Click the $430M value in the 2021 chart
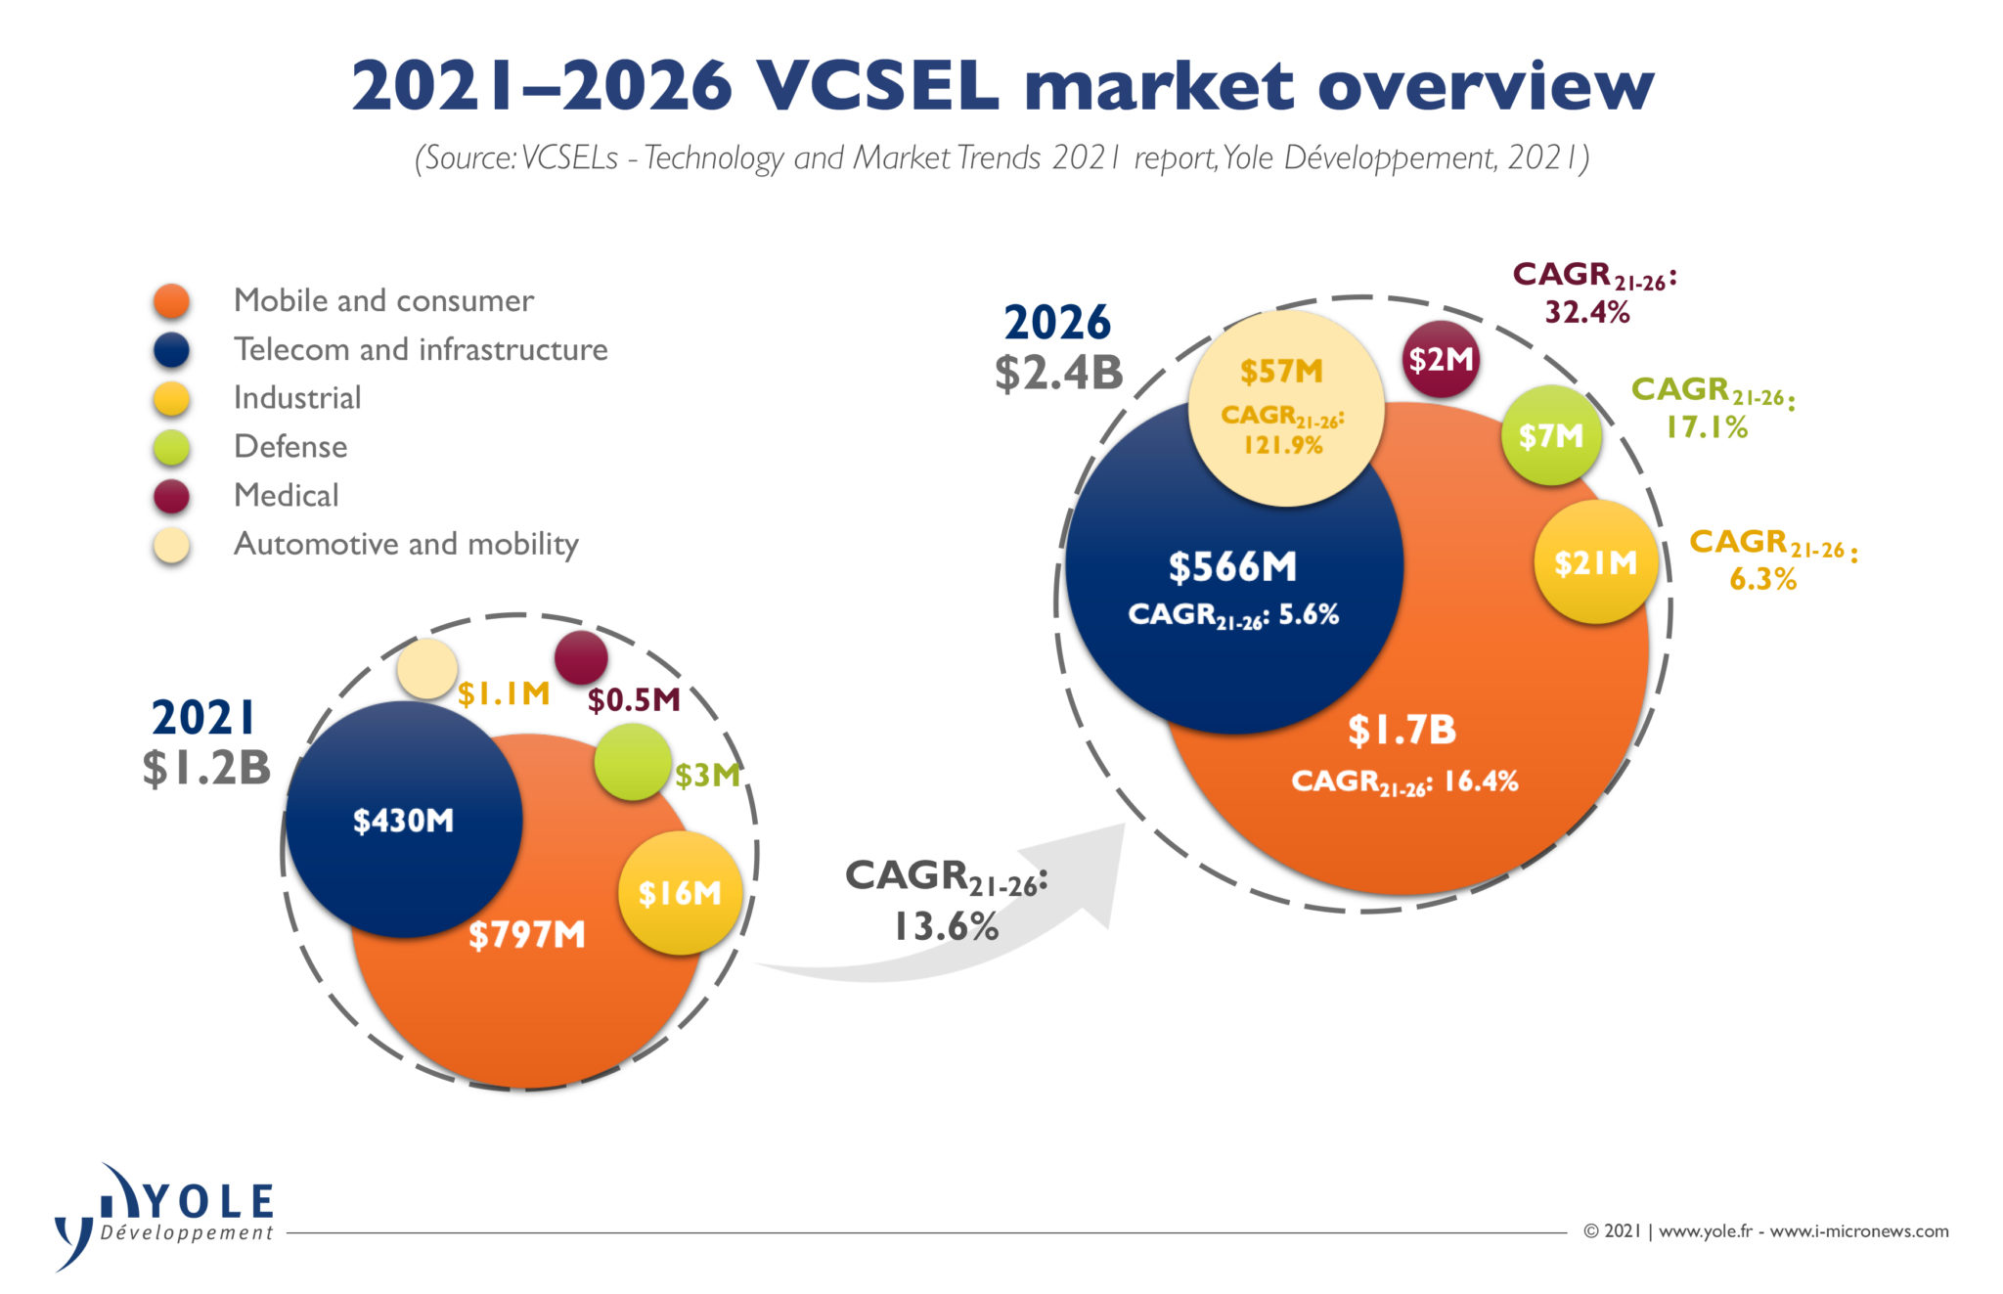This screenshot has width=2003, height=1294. click(403, 820)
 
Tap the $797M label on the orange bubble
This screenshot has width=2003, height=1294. click(526, 934)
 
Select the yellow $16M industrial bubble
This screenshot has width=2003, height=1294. click(680, 892)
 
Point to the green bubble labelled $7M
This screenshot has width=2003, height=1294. click(1550, 435)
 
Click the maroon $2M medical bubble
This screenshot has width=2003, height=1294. click(1440, 359)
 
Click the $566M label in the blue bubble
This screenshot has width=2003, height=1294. click(1232, 567)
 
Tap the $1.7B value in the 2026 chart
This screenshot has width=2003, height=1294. click(1402, 730)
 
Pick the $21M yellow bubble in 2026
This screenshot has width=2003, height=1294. click(1595, 562)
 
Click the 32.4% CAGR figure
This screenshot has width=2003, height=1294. click(1587, 313)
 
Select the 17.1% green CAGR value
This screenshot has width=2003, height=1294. click(1707, 427)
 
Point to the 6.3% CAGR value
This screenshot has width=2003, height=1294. click(1762, 579)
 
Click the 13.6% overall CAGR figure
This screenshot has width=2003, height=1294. click(946, 926)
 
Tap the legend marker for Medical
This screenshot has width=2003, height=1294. click(171, 496)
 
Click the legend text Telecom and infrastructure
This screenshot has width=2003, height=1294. click(421, 349)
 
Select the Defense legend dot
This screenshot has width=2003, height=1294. click(171, 447)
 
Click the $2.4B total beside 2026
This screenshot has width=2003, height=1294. click(1058, 373)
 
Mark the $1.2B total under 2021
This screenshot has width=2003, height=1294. click(206, 768)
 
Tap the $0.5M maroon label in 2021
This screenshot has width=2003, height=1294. click(634, 699)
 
